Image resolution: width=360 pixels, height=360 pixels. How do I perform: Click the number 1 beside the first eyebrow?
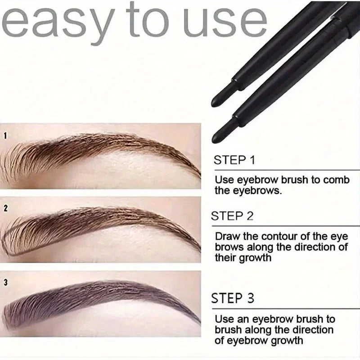5,135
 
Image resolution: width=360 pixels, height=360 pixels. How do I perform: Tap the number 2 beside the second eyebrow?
5,209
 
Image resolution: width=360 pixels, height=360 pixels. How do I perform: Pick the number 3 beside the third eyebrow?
5,283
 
